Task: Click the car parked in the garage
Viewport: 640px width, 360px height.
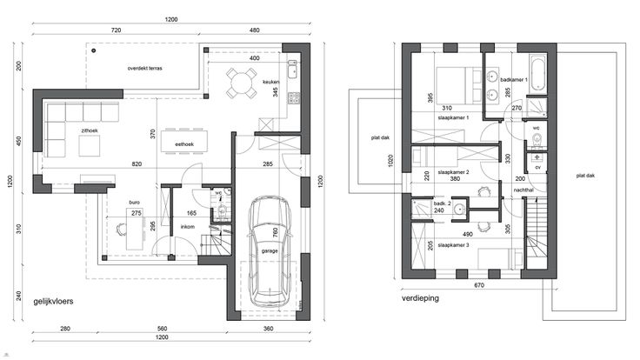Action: coord(270,251)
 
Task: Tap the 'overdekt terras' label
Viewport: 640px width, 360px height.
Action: coord(145,68)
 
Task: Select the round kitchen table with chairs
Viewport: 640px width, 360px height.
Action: coord(242,83)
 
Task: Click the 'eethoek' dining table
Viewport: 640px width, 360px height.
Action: coord(184,141)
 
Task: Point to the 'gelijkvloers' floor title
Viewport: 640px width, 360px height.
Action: coord(53,301)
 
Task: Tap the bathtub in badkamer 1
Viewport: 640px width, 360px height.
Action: coord(537,74)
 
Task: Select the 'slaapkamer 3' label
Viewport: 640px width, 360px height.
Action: coord(453,245)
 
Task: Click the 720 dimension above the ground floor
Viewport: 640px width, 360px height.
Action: coord(116,30)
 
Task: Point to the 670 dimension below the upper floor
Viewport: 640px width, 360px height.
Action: coord(479,285)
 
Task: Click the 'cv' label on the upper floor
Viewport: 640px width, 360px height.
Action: coord(537,167)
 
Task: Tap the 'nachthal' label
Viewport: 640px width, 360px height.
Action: coord(523,190)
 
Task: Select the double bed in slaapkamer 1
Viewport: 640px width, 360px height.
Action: coord(459,86)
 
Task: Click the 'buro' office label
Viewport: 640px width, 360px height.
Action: coord(134,203)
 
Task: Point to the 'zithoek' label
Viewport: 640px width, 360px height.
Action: coord(90,130)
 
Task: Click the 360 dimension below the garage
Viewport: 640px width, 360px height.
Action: coord(268,329)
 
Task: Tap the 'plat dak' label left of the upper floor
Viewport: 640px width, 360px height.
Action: coord(380,137)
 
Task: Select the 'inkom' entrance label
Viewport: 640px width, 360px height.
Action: coord(188,227)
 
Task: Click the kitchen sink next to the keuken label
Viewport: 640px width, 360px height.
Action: coord(293,70)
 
